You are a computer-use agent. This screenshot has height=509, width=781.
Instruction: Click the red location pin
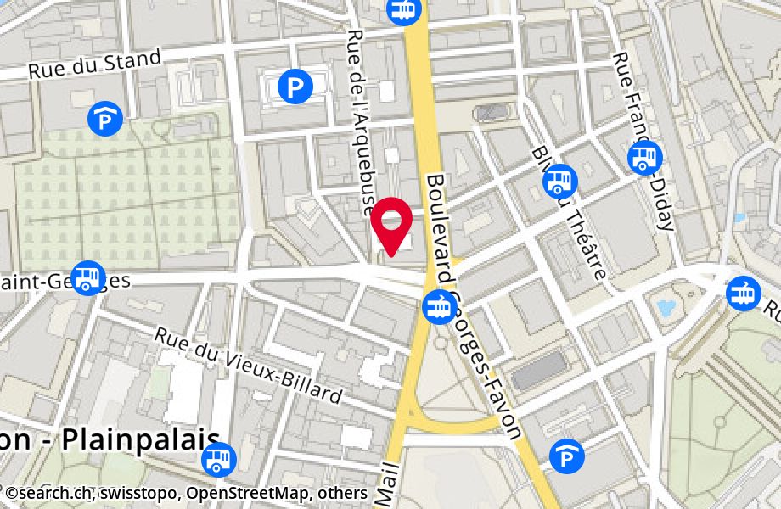coord(391,226)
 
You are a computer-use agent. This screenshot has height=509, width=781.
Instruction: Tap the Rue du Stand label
coord(94,64)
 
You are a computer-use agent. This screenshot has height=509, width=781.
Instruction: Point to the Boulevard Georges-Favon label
coord(472,305)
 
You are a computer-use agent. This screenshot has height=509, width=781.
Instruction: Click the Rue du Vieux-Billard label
coord(249,365)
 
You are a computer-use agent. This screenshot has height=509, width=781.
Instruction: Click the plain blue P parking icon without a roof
coord(295,85)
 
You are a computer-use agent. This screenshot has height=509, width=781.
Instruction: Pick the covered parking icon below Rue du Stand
coord(105,117)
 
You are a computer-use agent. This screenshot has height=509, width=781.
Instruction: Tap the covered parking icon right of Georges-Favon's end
coord(567,457)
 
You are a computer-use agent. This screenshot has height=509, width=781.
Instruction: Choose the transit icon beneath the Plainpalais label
coord(219,460)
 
